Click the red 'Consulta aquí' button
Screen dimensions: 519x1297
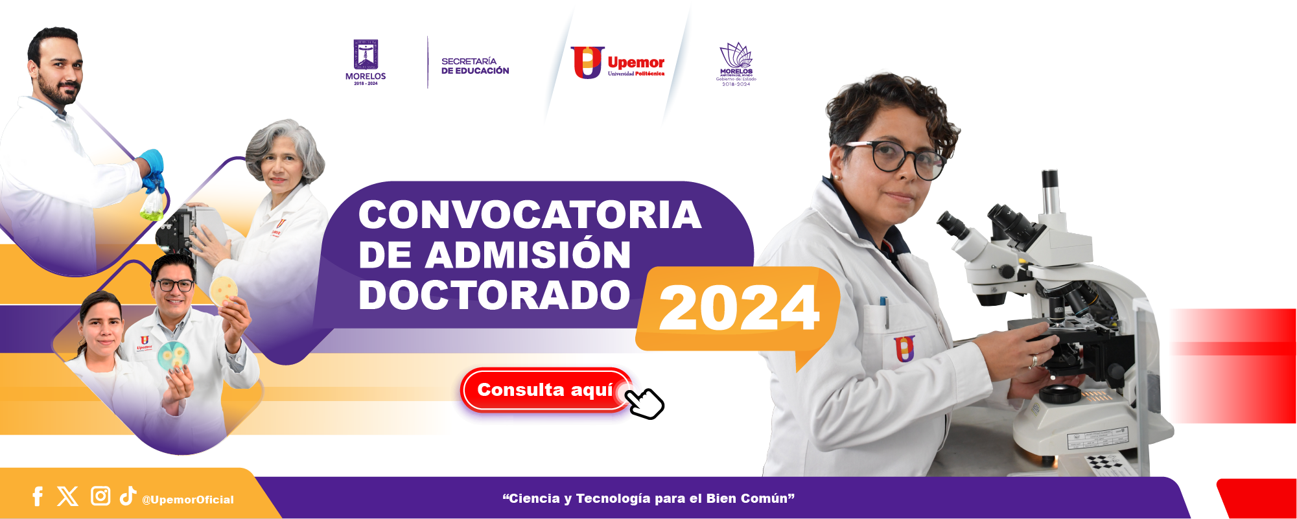click(544, 390)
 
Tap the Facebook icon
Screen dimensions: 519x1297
click(38, 496)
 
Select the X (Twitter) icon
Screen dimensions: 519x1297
click(67, 496)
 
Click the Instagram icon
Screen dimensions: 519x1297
click(100, 496)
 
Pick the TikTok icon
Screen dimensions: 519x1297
click(128, 495)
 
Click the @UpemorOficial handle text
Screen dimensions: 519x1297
click(188, 500)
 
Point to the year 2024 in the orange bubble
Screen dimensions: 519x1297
click(739, 308)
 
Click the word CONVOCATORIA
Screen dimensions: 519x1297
click(530, 214)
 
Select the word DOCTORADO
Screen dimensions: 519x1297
click(494, 295)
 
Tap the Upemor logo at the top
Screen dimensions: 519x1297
click(617, 63)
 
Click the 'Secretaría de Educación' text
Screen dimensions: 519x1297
click(475, 66)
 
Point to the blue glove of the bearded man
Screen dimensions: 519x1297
click(152, 167)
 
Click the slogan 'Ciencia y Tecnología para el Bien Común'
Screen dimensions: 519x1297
click(648, 498)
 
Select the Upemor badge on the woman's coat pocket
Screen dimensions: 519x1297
click(904, 349)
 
